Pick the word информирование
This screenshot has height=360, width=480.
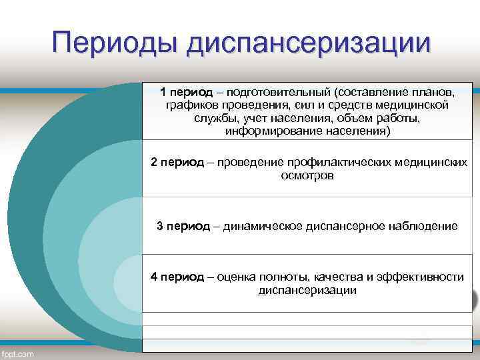[266, 131]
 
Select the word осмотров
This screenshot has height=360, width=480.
[307, 176]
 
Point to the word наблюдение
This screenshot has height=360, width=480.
[423, 226]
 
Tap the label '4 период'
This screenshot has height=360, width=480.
[177, 277]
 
